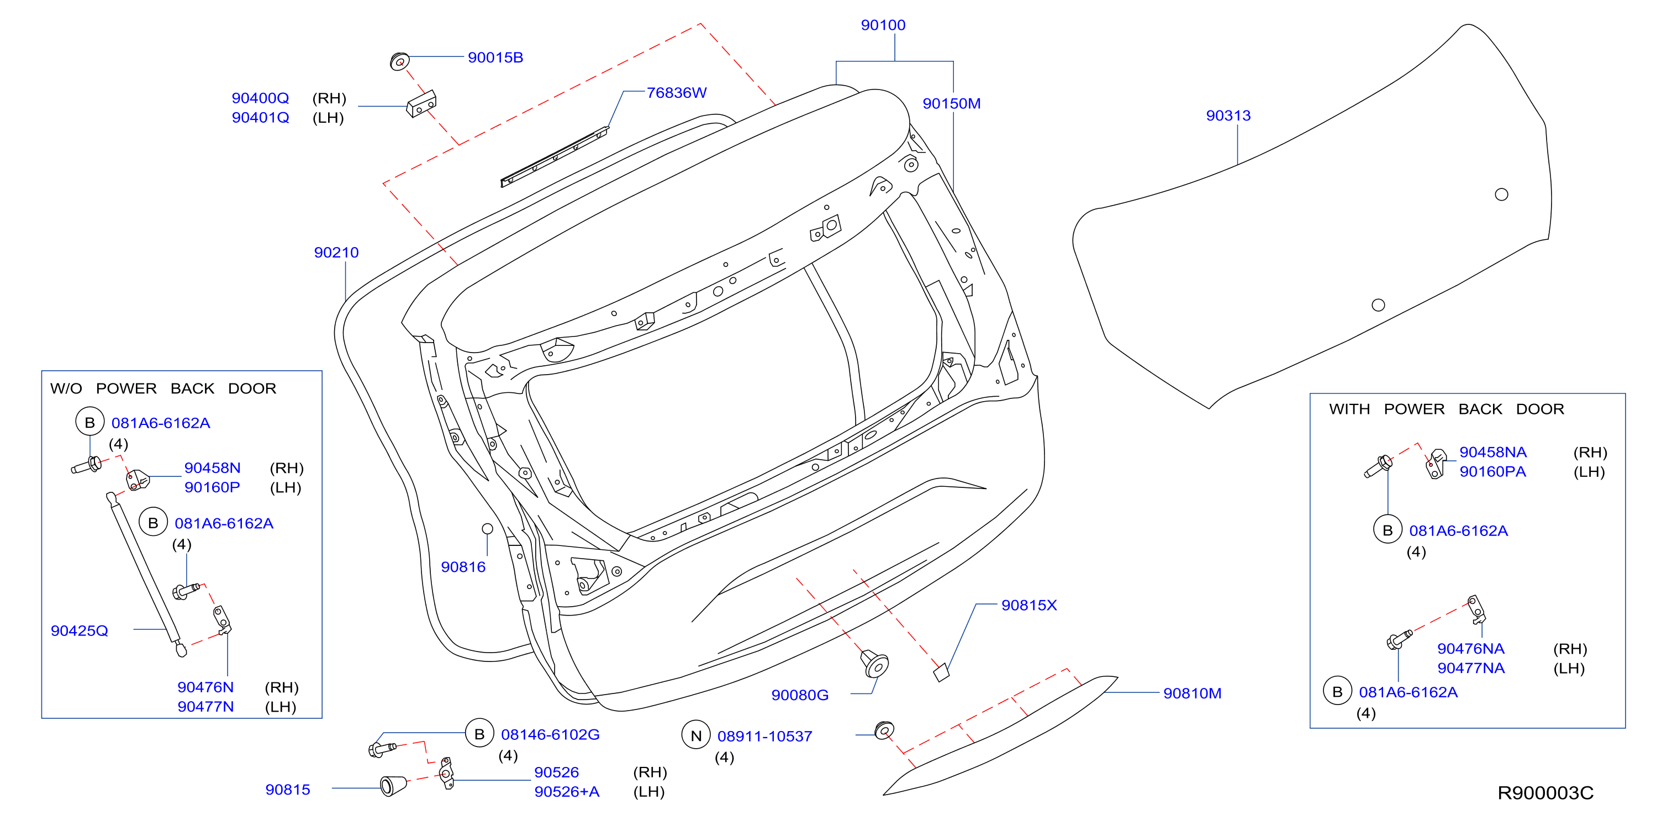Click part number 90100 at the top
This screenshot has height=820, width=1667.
883,25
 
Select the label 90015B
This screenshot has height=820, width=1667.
495,57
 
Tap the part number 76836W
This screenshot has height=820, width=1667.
676,92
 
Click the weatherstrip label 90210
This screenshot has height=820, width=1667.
336,253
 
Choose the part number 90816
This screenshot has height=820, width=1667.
463,567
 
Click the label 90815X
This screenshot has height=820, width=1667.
1029,605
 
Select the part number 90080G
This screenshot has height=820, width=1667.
799,695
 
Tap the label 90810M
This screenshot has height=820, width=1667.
1192,693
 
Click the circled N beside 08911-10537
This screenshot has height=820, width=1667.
695,736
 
